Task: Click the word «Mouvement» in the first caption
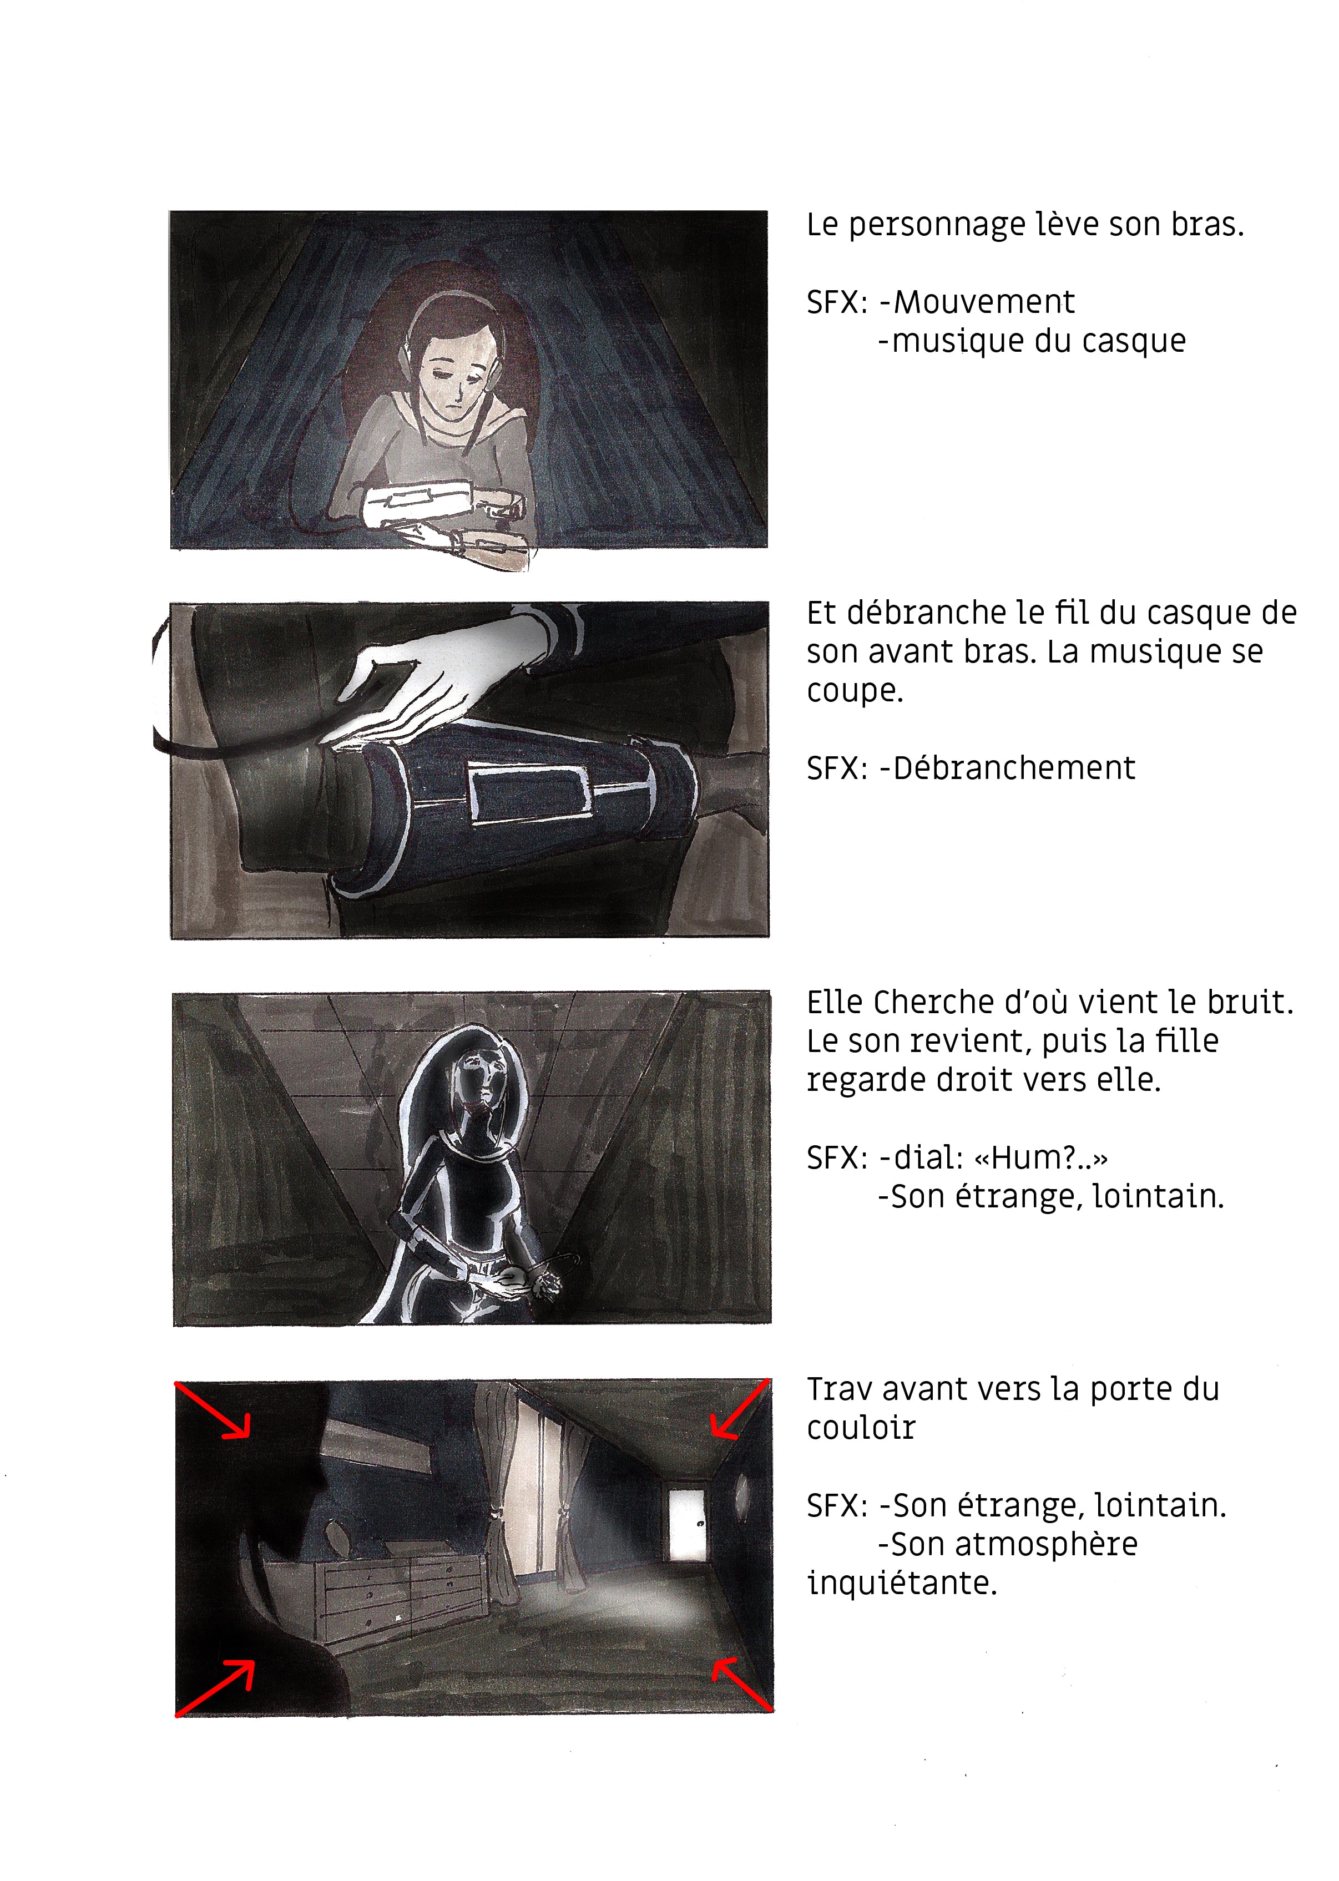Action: [x=984, y=302]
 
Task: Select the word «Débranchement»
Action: [x=1014, y=768]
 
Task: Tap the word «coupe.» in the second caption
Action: [x=855, y=691]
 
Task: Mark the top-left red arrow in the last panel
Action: [x=212, y=1410]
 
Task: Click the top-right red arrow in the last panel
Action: [x=740, y=1409]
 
